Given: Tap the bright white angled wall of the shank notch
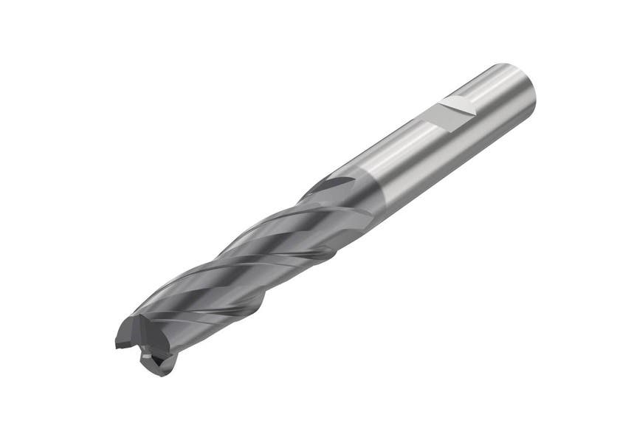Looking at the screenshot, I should [464, 105].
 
